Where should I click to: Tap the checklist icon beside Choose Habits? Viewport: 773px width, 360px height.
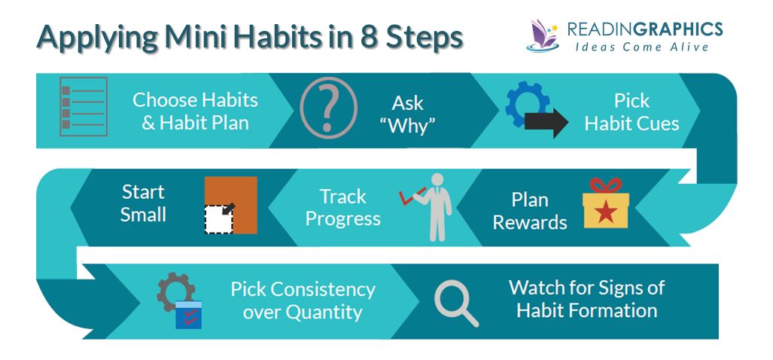pos(84,106)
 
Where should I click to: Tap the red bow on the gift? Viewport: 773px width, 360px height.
pos(605,185)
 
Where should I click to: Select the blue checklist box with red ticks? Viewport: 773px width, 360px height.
pos(189,314)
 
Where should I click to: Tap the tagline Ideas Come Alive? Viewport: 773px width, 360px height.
pos(642,47)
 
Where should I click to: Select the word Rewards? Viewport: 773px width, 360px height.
pos(529,222)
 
